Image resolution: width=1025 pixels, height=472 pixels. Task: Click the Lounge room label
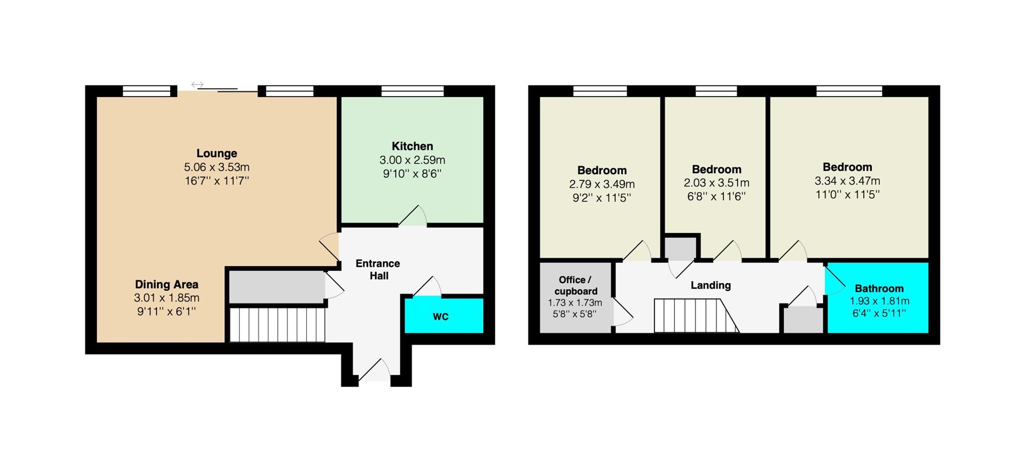tap(217, 154)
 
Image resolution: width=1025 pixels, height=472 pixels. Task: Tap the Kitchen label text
tap(412, 146)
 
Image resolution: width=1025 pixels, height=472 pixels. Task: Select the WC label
tap(440, 317)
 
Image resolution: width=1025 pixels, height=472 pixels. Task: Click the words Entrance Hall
tap(378, 269)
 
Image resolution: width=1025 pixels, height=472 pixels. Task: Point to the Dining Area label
tap(167, 284)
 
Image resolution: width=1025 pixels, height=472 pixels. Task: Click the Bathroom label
tap(879, 289)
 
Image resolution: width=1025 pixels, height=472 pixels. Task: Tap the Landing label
tap(711, 285)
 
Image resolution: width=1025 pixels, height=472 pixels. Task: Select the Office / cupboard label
tap(575, 285)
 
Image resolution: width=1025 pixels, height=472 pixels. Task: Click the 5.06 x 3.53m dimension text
tap(217, 167)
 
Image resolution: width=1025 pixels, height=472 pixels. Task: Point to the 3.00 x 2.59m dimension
tap(412, 160)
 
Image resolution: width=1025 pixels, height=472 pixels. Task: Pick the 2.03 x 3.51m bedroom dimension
tap(716, 183)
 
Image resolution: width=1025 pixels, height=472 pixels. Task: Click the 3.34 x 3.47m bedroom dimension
tap(847, 181)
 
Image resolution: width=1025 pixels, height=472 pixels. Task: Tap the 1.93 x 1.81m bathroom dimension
tap(879, 301)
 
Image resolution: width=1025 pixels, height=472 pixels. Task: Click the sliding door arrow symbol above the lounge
tap(198, 84)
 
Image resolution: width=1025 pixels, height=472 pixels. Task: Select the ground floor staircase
tap(277, 324)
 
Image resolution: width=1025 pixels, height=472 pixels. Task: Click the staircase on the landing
tap(696, 315)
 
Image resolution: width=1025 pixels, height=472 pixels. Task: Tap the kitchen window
tap(413, 91)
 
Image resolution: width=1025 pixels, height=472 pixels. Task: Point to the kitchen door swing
tap(413, 215)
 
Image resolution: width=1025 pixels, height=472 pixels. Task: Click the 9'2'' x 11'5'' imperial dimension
tap(602, 198)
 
